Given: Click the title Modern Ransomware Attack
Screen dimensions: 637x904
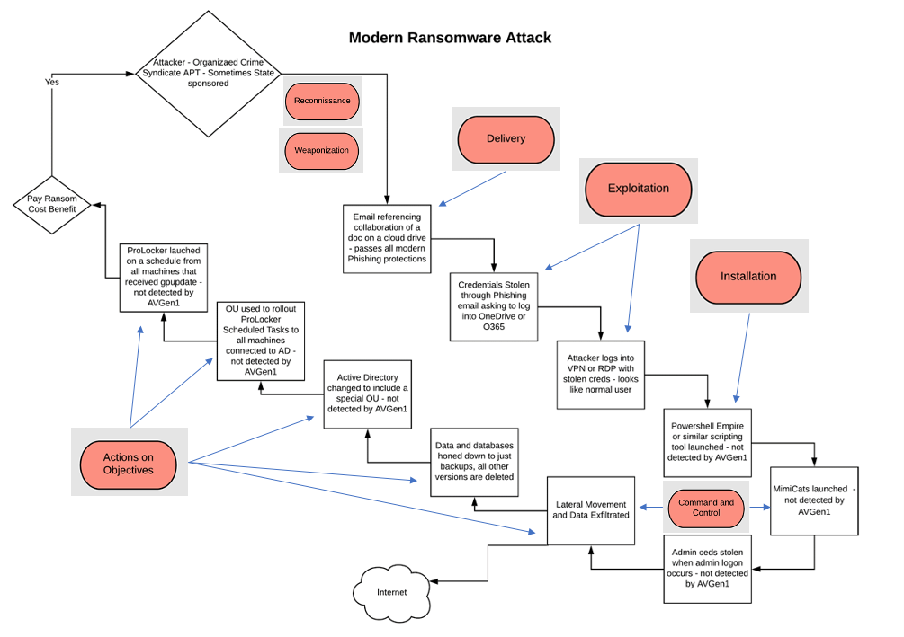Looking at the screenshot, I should pos(450,38).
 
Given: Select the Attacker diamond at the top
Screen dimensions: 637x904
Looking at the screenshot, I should pos(209,71).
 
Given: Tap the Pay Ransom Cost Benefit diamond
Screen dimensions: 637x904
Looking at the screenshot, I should pos(51,203).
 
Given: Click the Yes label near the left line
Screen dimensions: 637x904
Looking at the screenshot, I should pos(52,82).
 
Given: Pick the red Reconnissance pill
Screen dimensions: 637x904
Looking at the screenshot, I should pos(322,102).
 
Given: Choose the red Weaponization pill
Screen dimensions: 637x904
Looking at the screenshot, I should pos(322,150).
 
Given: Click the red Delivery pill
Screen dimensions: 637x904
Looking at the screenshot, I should pos(506,139).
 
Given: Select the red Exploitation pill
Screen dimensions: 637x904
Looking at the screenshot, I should pos(639,189).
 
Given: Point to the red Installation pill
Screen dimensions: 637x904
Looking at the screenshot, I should pos(747,276).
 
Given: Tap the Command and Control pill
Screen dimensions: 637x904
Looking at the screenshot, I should pos(706,509).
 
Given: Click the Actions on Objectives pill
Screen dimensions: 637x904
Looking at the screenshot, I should pos(129,464).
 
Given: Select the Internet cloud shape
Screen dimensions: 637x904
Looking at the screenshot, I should pos(391,592).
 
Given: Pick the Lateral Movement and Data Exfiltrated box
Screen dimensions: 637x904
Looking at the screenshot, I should pos(589,509).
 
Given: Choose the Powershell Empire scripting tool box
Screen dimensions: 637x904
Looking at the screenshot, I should pos(707,439).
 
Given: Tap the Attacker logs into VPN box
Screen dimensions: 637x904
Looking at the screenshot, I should pos(600,373).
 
